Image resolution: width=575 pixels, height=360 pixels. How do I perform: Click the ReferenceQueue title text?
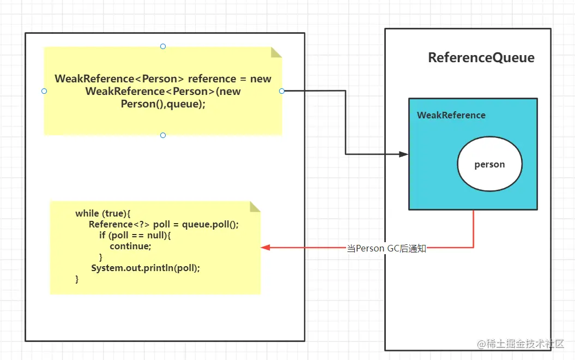click(x=481, y=58)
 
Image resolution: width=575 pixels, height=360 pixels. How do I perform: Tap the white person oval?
click(x=489, y=164)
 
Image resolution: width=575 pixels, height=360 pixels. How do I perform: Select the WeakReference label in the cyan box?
click(x=451, y=115)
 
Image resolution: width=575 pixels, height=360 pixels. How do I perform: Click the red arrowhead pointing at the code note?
click(x=265, y=248)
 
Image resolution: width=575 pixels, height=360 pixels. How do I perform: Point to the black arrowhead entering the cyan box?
click(x=404, y=154)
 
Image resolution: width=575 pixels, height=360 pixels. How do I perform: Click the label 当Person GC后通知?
click(x=386, y=248)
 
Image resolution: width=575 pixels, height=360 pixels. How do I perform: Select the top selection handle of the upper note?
click(x=163, y=46)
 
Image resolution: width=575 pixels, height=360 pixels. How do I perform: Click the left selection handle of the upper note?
click(x=44, y=91)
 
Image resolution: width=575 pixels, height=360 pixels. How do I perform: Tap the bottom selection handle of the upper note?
click(x=163, y=135)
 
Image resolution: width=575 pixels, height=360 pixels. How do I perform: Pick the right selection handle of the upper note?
click(x=282, y=91)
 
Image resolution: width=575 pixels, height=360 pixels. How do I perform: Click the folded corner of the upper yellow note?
click(x=277, y=52)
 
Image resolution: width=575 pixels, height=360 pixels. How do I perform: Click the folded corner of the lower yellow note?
click(x=256, y=206)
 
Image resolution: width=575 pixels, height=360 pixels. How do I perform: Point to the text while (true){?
click(x=103, y=213)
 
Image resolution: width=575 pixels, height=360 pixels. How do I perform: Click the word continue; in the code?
click(x=130, y=246)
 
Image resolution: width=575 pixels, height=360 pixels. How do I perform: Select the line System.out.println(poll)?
click(x=146, y=268)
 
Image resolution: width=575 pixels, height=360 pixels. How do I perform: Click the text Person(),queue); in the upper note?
click(x=163, y=104)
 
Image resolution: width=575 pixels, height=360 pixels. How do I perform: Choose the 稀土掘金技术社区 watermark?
click(x=523, y=344)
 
